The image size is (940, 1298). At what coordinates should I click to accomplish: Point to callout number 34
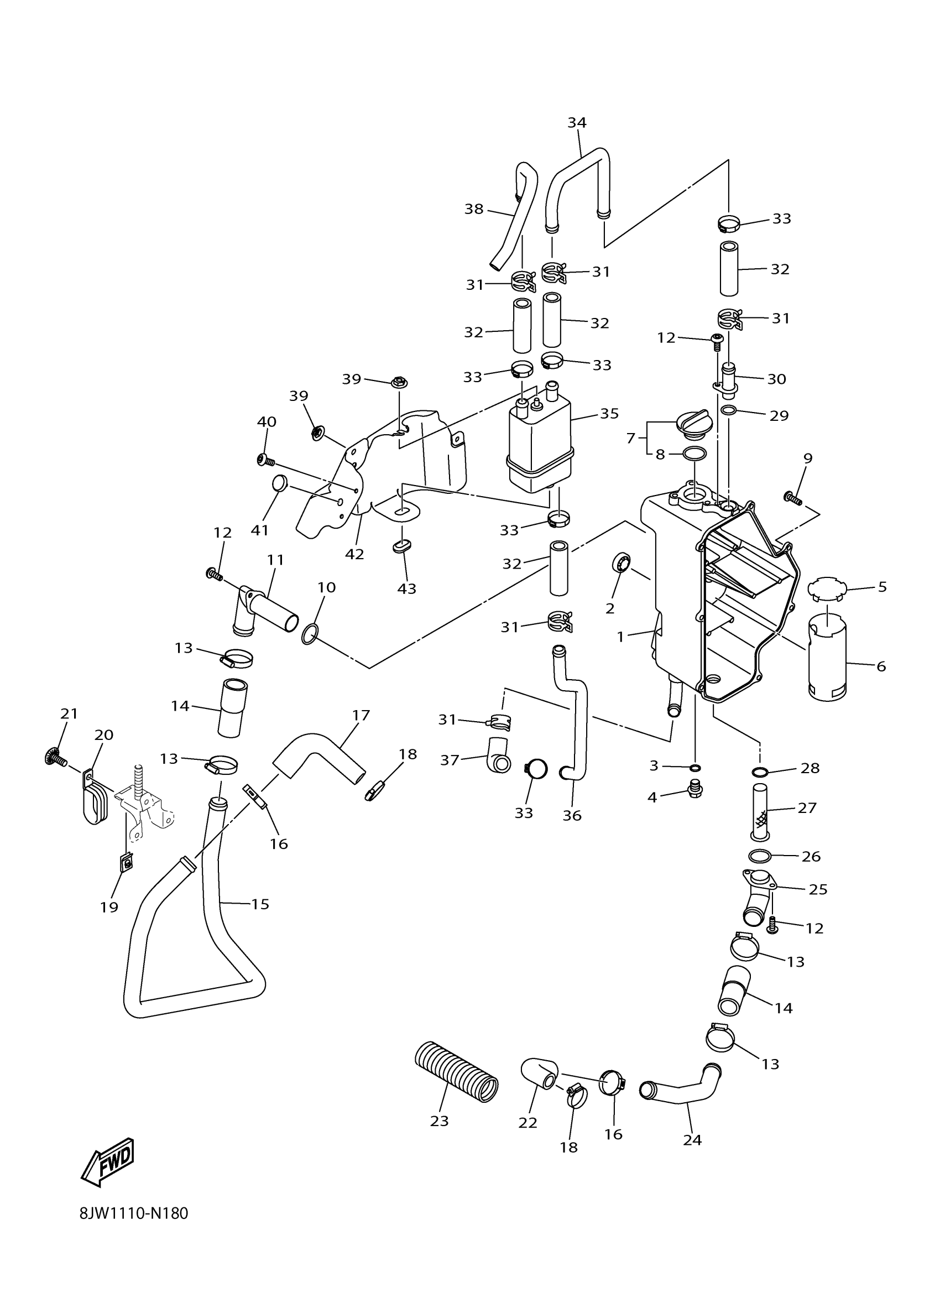577,122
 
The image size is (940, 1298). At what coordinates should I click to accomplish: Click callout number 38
474,210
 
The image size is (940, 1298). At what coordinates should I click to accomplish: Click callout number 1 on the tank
621,637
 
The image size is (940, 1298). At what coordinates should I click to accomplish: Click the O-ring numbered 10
310,634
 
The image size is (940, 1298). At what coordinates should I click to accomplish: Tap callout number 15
260,904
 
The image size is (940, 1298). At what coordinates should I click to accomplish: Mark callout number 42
355,554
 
